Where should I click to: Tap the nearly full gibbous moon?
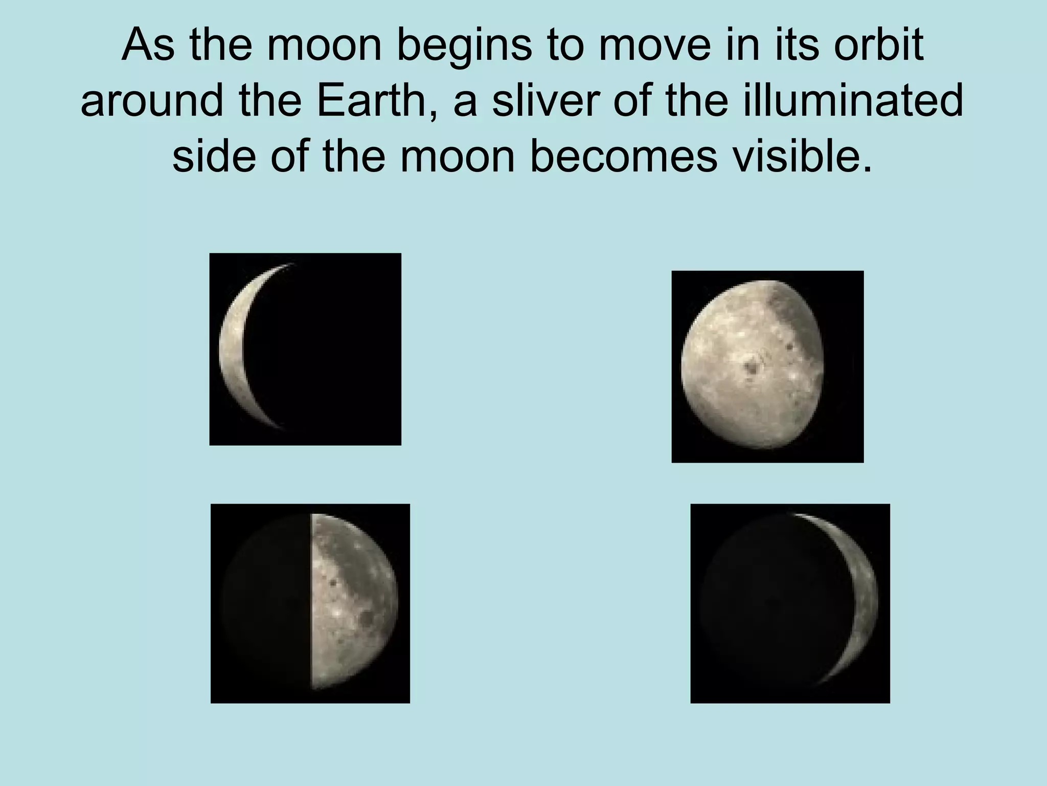752,366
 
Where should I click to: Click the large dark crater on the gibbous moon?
752,366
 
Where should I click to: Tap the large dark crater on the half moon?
366,619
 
